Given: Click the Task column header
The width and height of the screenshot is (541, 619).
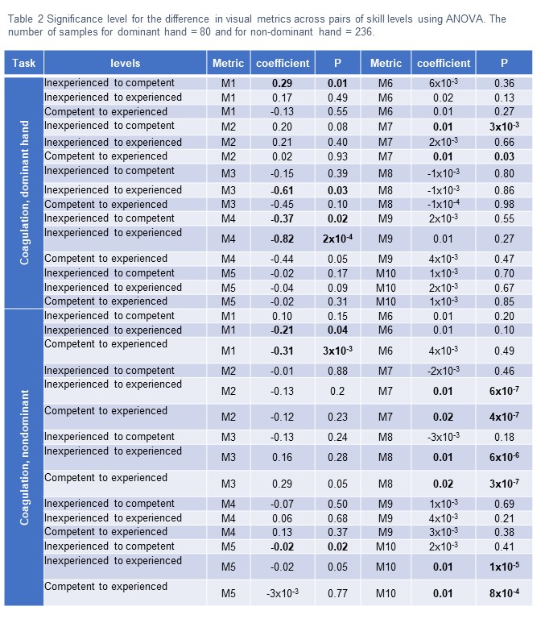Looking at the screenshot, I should [23, 63].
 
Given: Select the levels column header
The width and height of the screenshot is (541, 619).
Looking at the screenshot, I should [125, 63].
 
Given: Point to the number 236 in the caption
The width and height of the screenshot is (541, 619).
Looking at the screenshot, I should [363, 33].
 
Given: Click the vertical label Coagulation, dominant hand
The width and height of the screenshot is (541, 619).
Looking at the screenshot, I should [25, 193].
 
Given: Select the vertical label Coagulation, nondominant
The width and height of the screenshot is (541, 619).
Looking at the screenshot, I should [25, 457].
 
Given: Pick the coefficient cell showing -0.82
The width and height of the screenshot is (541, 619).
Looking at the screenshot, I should [282, 239].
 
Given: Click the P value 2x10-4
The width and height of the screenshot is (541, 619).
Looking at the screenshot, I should [337, 239].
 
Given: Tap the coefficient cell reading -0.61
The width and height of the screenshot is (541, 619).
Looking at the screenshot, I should [282, 190].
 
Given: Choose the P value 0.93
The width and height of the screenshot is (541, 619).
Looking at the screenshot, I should [337, 156].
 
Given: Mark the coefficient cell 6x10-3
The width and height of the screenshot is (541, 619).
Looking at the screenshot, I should [443, 83].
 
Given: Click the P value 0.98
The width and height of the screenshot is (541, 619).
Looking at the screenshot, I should [504, 204].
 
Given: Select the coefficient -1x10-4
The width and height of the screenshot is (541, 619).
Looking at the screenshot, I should [443, 204].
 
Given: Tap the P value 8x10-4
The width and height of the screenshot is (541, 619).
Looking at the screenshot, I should [504, 594].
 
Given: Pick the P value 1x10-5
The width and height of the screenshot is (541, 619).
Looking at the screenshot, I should [504, 567].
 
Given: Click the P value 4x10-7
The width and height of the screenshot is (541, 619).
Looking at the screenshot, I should [504, 418].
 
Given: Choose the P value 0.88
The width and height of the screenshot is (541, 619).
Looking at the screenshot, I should [337, 371].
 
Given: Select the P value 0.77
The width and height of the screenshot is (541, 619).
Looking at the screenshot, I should [337, 594].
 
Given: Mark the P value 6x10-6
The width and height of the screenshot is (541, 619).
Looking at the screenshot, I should [504, 458].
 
